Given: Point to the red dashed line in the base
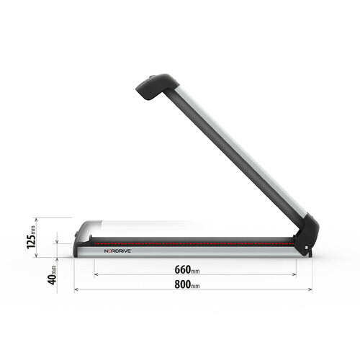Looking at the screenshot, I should [194, 243].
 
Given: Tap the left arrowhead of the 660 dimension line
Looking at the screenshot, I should [96, 274].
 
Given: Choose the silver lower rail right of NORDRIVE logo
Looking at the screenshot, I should [216, 253].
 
